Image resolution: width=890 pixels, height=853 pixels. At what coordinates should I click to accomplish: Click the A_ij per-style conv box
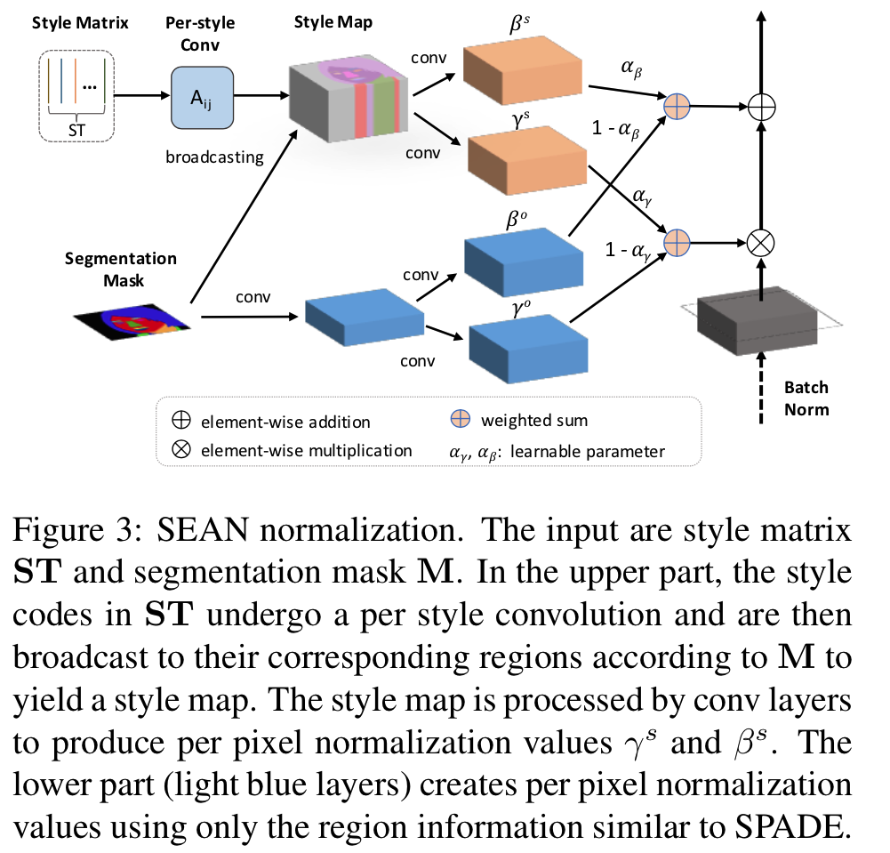pyautogui.click(x=202, y=97)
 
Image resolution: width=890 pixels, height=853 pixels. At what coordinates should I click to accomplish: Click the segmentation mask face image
pyautogui.click(x=132, y=315)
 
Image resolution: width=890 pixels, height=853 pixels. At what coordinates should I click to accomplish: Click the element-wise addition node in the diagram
pyautogui.click(x=762, y=107)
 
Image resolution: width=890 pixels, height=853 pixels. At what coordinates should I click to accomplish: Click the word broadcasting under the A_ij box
pyautogui.click(x=214, y=157)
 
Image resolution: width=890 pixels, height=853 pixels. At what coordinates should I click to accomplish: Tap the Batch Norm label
pyautogui.click(x=806, y=398)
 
